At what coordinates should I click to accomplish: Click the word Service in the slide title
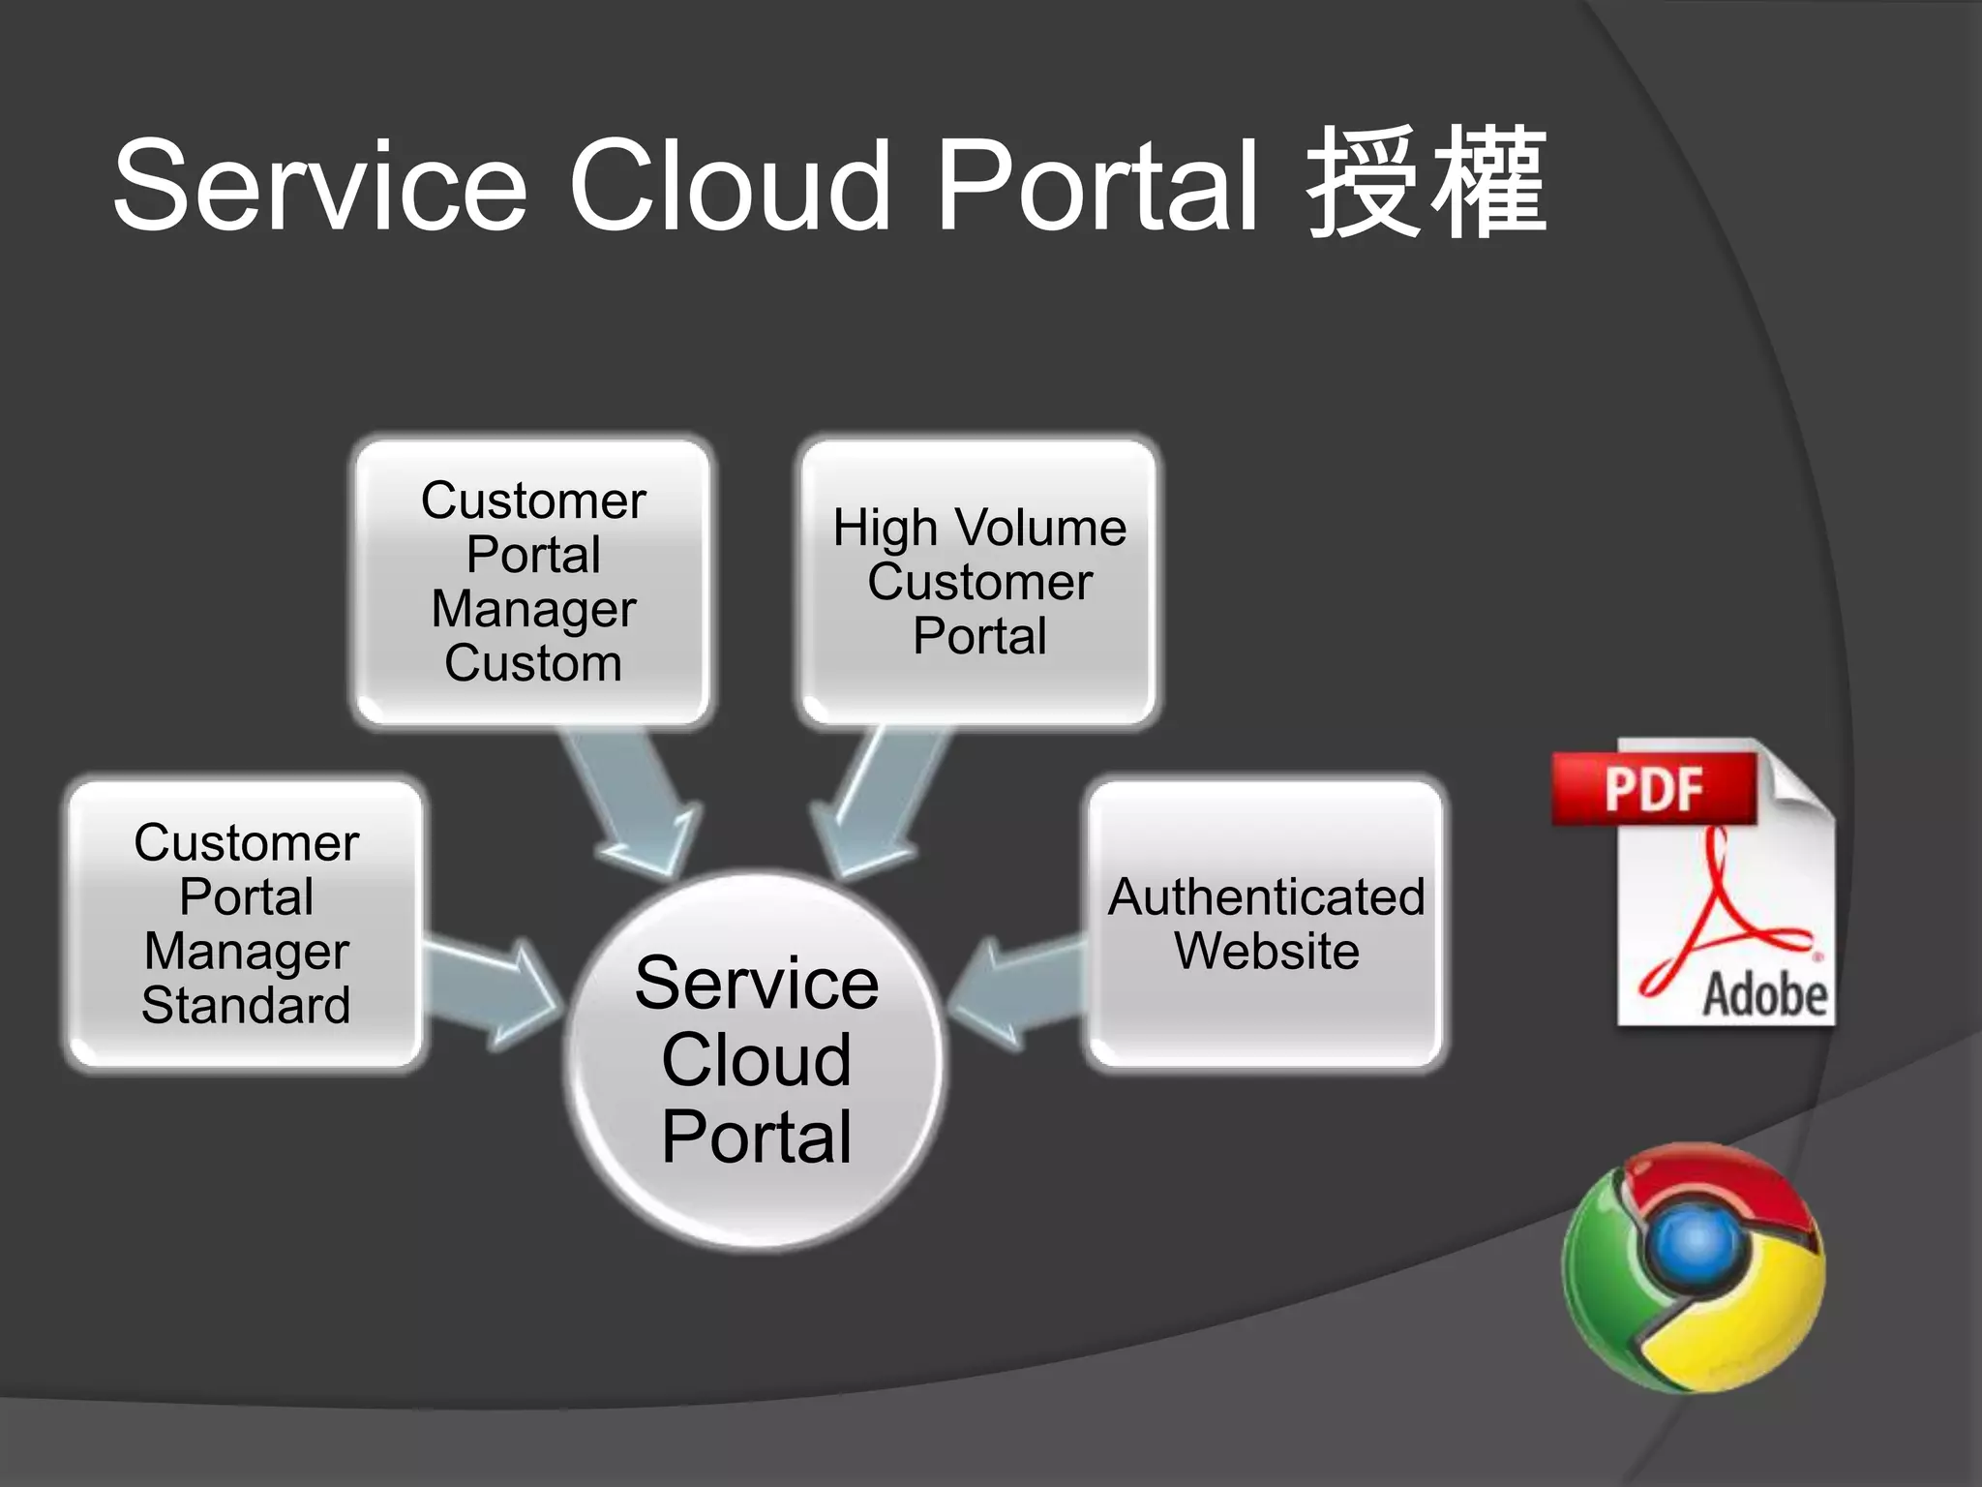coord(319,186)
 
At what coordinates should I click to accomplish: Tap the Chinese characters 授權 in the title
coord(1426,184)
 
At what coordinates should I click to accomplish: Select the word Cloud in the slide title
coord(729,186)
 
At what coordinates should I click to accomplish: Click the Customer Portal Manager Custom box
coord(533,581)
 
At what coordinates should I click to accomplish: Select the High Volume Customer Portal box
coord(979,581)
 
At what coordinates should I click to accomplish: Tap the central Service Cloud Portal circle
coord(757,1060)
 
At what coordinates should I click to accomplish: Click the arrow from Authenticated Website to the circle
coord(1016,992)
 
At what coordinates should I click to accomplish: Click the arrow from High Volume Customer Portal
coord(876,804)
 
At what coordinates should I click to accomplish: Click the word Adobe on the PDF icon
coord(1763,995)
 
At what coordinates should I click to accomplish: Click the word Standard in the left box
coord(246,1005)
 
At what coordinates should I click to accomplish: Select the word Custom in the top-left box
coord(533,663)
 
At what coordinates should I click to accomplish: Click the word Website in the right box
coord(1266,951)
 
